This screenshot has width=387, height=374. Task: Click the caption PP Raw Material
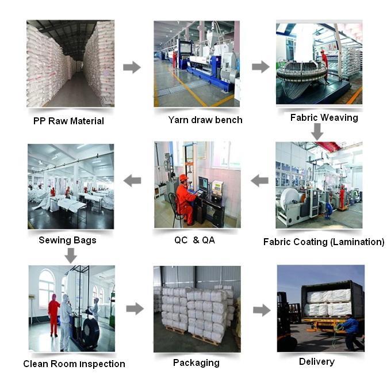(x=68, y=121)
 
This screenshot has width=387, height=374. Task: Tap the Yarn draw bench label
(x=205, y=120)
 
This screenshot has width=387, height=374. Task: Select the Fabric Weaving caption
(x=324, y=117)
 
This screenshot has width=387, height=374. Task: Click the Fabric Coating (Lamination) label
(x=324, y=242)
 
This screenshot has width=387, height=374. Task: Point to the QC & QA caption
(x=195, y=240)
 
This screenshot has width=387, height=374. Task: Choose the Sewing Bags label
(x=68, y=241)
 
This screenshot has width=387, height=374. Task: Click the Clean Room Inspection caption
(x=74, y=364)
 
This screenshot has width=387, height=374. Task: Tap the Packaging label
(x=196, y=363)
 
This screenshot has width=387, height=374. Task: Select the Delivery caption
(x=317, y=362)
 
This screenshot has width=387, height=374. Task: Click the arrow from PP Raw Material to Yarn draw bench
(x=132, y=67)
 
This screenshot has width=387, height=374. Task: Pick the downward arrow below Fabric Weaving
(x=317, y=131)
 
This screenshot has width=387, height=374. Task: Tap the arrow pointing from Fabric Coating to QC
(x=259, y=180)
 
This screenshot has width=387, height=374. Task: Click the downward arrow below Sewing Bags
(x=71, y=255)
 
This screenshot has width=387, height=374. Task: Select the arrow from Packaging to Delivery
(x=262, y=310)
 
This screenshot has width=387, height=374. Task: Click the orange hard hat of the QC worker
(x=183, y=178)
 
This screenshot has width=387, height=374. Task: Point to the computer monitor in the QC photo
(x=204, y=184)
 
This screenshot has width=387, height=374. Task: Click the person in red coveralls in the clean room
(x=54, y=315)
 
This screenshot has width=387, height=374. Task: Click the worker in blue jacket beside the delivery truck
(x=350, y=332)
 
